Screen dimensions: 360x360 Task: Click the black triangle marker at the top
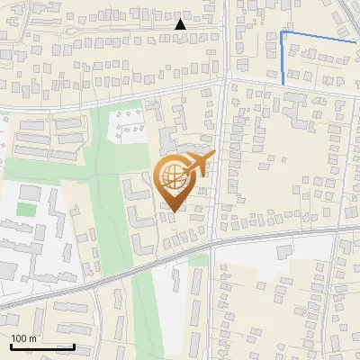(180, 24)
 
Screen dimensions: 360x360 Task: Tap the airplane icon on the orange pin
(199, 164)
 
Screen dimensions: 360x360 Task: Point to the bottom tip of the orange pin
(172, 211)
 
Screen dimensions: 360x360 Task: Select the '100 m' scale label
(23, 338)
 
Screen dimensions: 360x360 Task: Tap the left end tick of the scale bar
(11, 345)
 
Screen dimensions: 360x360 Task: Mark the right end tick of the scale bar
(74, 345)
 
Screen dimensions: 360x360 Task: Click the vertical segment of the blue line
(283, 58)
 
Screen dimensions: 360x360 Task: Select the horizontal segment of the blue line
(319, 37)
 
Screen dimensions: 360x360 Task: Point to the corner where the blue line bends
(283, 33)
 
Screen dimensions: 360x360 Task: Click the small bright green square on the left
(27, 210)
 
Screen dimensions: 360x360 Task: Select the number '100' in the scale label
(19, 338)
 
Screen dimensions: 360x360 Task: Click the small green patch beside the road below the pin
(198, 260)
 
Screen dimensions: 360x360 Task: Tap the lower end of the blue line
(283, 84)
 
